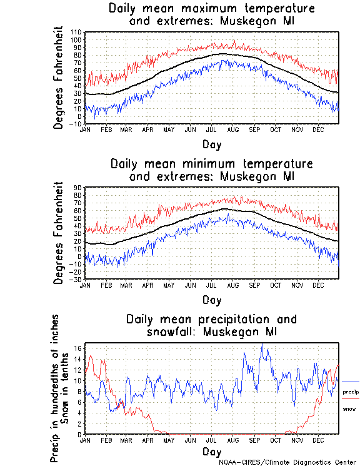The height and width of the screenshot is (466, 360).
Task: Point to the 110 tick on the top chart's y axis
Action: (76, 32)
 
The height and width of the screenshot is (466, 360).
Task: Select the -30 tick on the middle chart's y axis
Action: (76, 279)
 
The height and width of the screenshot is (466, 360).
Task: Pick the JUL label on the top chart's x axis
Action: (211, 129)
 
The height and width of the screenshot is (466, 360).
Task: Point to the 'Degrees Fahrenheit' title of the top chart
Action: (59, 77)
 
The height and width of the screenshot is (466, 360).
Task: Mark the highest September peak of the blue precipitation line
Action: (262, 345)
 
